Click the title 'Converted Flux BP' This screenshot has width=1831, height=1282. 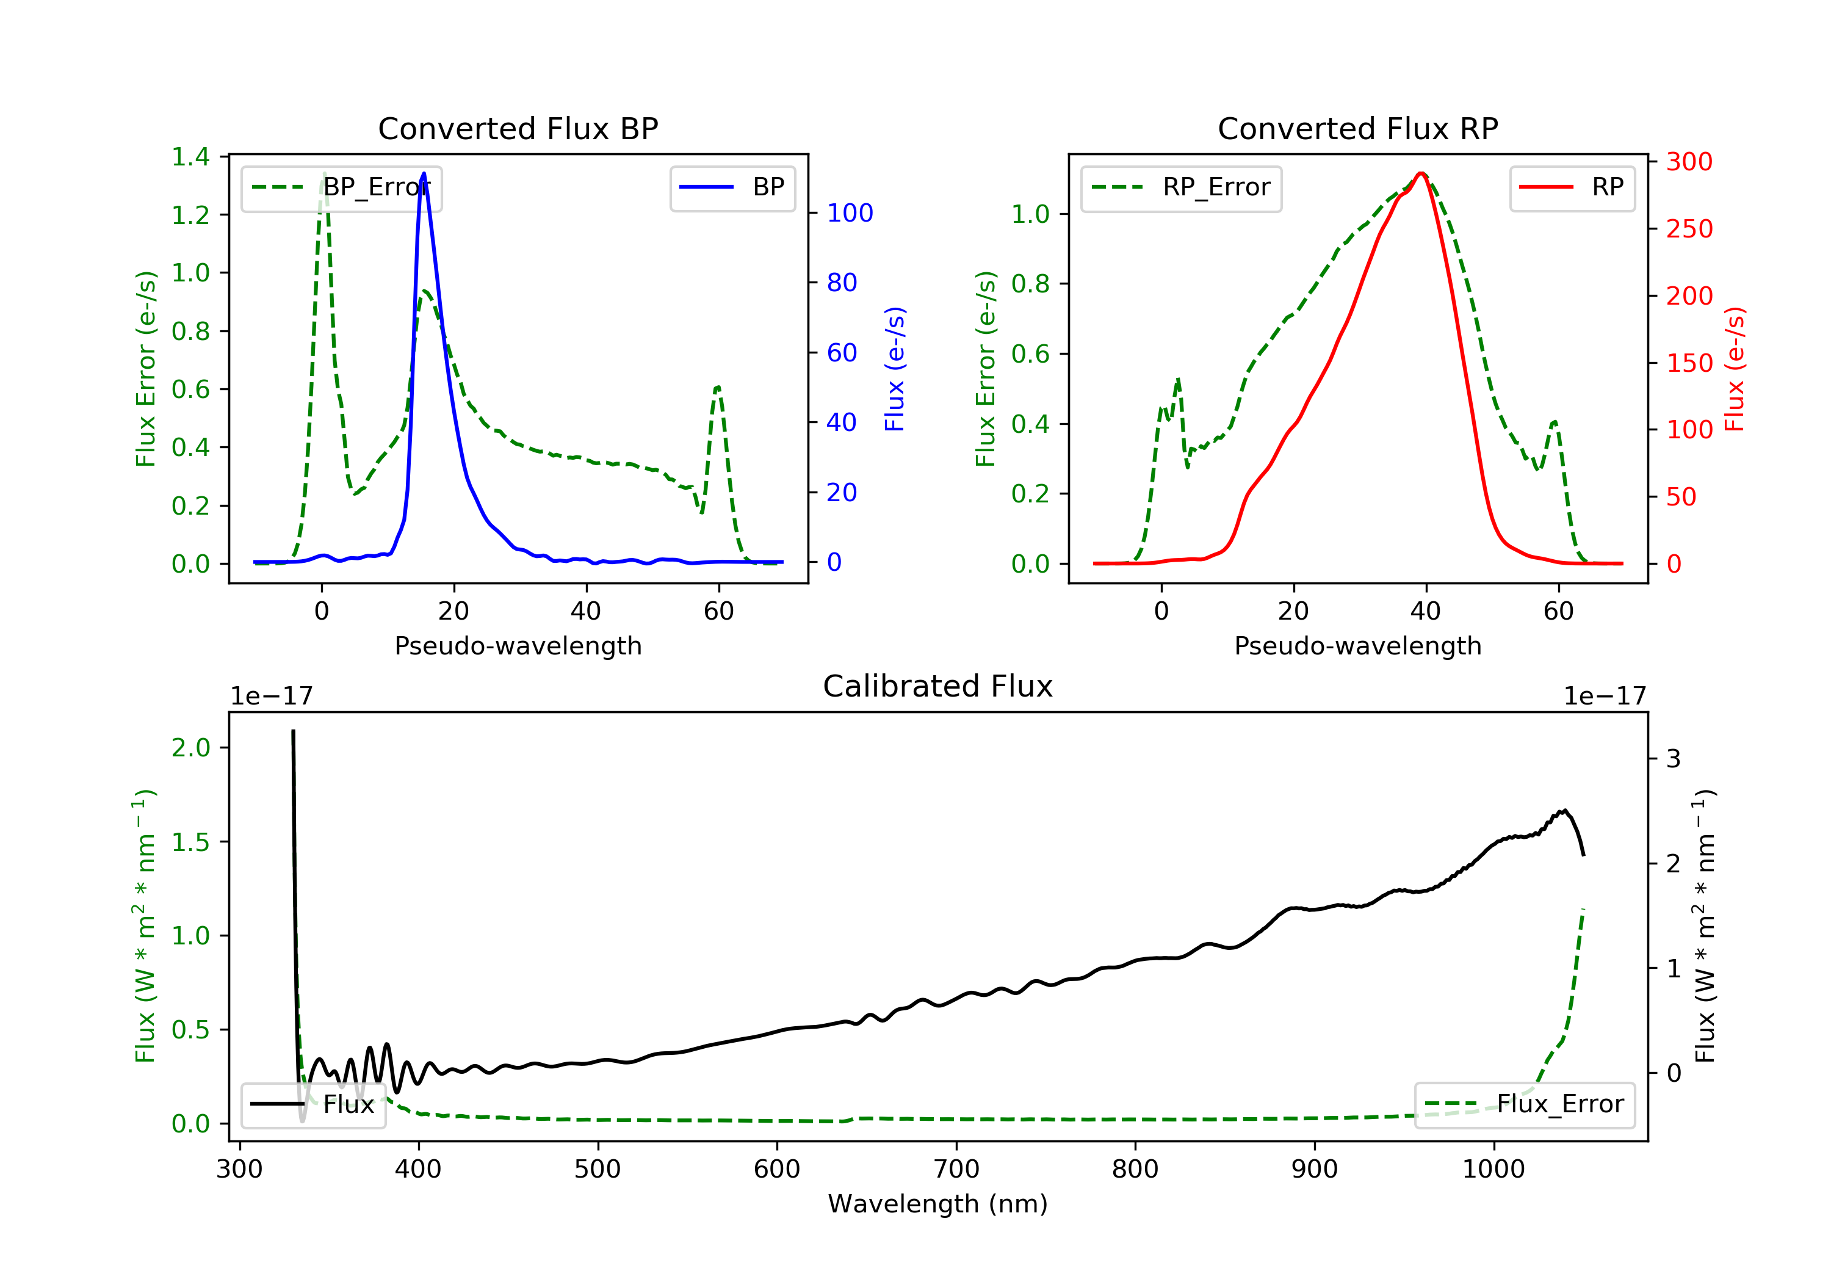pos(518,128)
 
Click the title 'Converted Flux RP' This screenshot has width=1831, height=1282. pos(1358,128)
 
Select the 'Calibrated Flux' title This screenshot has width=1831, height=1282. pos(938,686)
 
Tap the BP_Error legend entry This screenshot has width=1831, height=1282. pos(341,187)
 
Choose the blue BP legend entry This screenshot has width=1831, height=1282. pos(732,187)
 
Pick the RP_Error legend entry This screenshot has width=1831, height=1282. pos(1181,187)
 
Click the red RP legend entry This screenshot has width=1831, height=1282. pos(1572,187)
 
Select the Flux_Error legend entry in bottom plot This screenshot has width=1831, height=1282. pos(1524,1104)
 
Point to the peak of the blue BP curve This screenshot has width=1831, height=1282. pos(424,173)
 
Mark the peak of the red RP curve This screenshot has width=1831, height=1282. pos(1421,173)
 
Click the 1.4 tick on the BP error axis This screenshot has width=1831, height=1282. pos(190,157)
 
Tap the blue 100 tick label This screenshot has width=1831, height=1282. pos(850,213)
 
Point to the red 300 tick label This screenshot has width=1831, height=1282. pos(1690,162)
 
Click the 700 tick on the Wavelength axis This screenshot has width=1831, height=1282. pos(956,1170)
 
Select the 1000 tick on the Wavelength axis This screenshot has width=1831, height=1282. pos(1493,1170)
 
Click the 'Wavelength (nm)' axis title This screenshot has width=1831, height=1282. pos(938,1204)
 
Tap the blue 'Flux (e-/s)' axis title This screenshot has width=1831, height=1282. pos(895,369)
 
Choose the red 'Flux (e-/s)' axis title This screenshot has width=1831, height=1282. pos(1735,369)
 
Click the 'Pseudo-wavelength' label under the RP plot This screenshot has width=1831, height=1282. pos(1358,645)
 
